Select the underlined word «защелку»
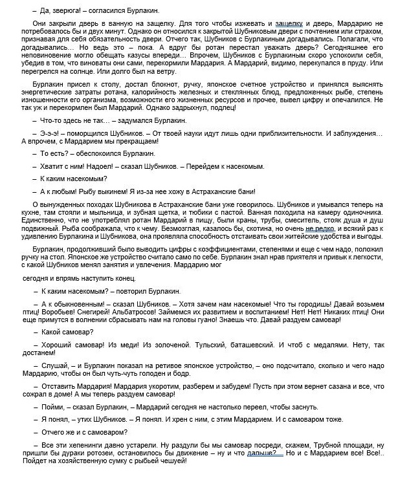291,23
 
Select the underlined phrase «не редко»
320,230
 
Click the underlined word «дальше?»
265,456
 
